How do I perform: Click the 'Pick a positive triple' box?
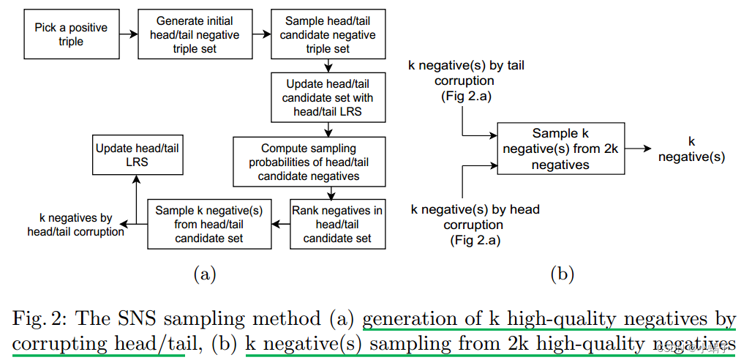click(x=71, y=34)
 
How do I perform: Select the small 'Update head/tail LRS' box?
click(x=137, y=154)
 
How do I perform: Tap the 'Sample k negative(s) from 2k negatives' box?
click(x=560, y=149)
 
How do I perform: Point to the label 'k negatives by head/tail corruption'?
click(x=75, y=225)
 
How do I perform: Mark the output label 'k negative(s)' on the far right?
click(x=691, y=149)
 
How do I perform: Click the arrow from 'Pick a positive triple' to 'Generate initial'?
click(x=128, y=34)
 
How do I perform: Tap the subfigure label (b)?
click(x=562, y=274)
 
